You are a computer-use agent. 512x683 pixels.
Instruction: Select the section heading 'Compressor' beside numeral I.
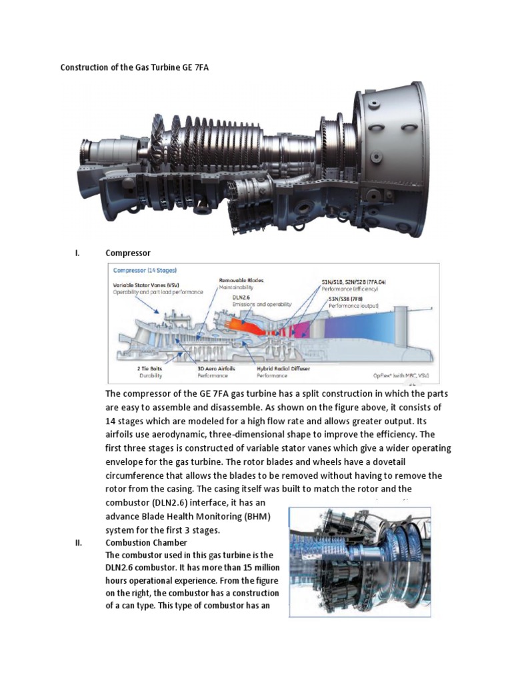coord(128,253)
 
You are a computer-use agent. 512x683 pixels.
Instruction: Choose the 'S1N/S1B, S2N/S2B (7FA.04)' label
coord(353,282)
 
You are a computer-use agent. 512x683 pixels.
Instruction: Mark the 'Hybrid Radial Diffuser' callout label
coord(283,368)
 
